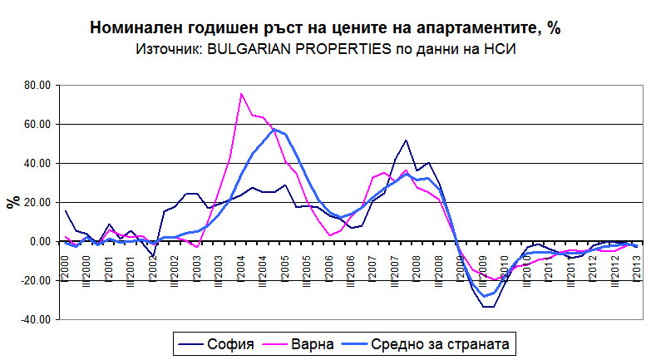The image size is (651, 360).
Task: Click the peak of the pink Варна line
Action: (241, 93)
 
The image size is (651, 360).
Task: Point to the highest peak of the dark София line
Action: (406, 141)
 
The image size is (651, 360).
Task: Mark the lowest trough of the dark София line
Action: (488, 307)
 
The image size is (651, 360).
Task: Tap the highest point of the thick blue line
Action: (274, 130)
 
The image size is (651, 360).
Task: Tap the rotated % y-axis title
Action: (12, 202)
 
